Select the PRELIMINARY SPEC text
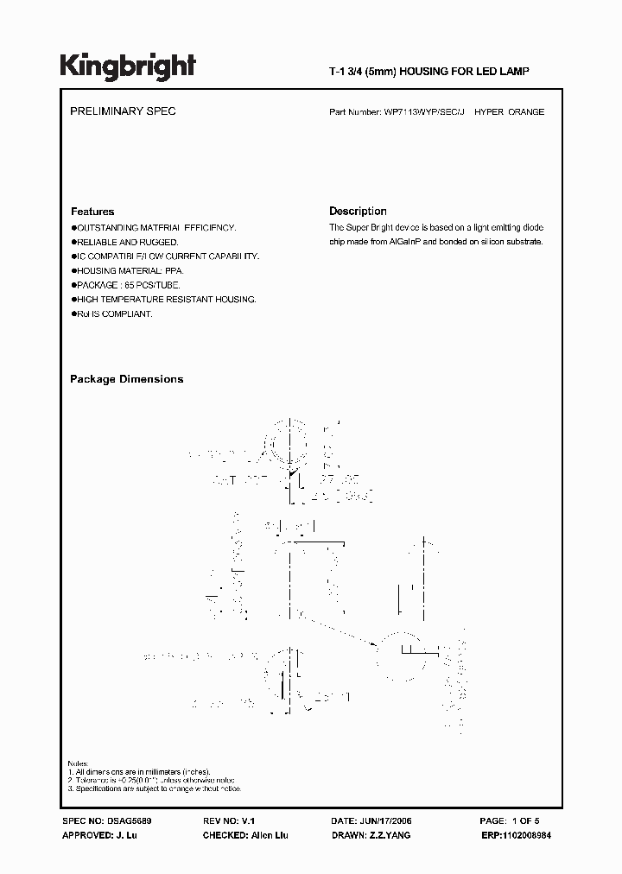(122, 112)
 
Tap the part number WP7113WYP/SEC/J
(423, 112)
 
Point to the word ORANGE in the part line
(527, 112)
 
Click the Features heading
(92, 212)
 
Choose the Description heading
(358, 212)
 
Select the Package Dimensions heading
(126, 379)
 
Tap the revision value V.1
(248, 820)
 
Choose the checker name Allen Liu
(269, 835)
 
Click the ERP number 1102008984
(530, 835)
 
